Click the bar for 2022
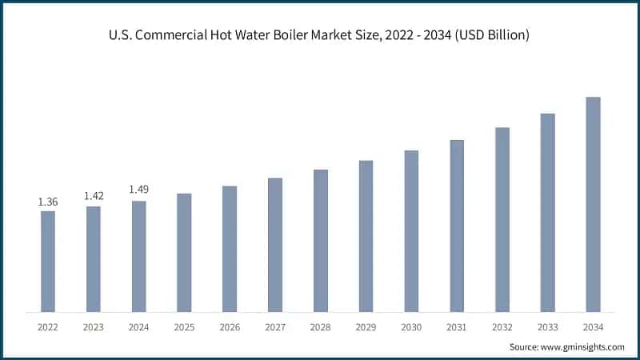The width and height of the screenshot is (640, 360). point(48,262)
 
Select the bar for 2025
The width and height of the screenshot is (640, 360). point(184,253)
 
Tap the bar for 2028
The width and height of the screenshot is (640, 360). point(321,241)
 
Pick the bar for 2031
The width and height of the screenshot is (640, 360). point(457,226)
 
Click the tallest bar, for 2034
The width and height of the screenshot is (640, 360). point(593,205)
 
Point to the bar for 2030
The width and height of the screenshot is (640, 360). point(411,231)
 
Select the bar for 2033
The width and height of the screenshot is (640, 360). point(547,213)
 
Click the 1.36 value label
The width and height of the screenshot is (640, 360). point(48,202)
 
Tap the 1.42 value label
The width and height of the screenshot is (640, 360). point(94,196)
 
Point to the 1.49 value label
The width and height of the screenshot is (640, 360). point(139,190)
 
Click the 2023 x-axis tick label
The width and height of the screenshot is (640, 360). point(94,327)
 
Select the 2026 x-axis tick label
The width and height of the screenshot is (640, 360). point(230,327)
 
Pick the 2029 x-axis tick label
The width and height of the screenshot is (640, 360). point(366,327)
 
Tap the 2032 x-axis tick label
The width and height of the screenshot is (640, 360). point(502,327)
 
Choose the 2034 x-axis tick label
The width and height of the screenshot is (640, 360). point(593,327)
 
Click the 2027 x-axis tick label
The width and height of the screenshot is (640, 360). point(275,327)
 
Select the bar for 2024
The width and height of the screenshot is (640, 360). point(139,256)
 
